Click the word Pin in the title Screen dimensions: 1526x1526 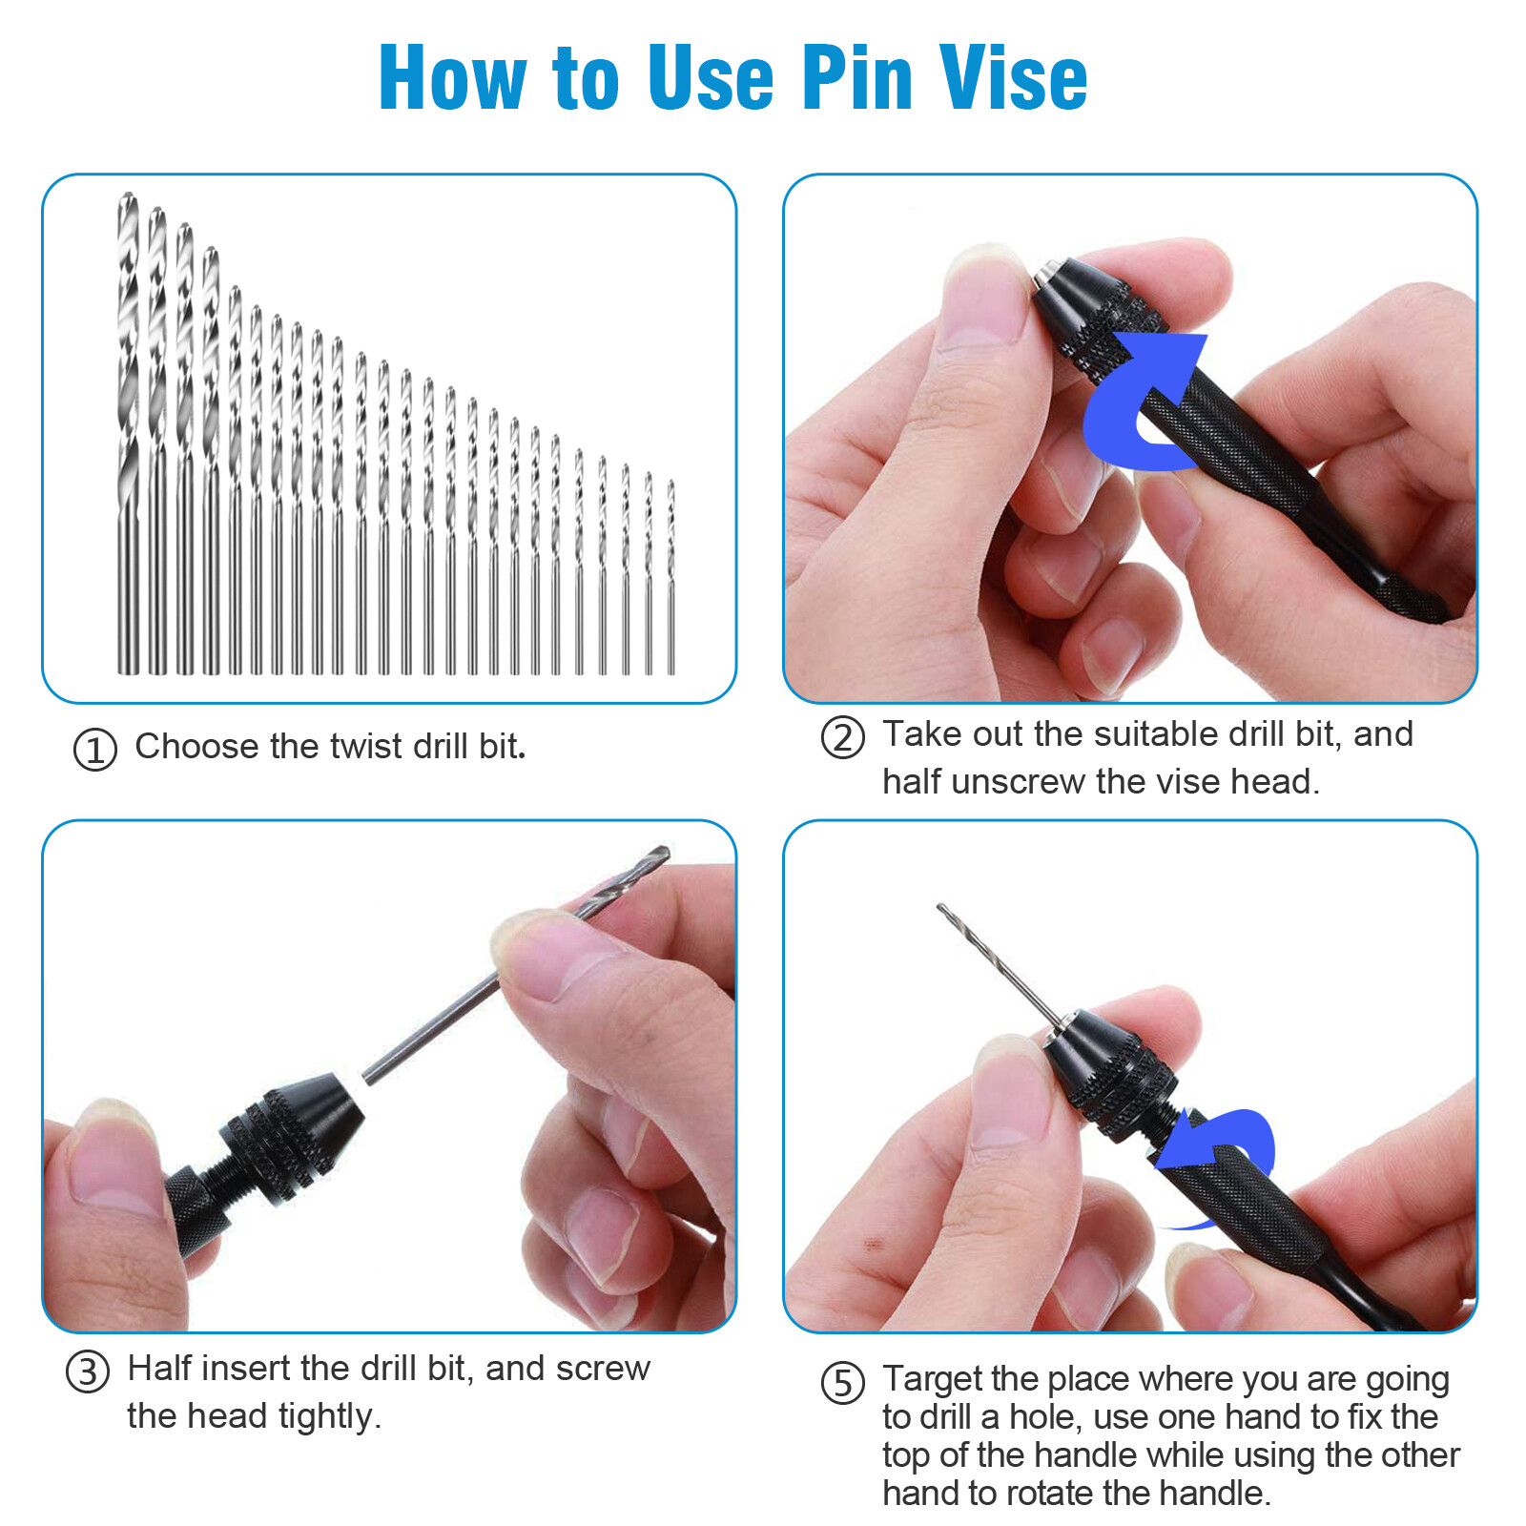856,78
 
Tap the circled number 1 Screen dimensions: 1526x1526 95,750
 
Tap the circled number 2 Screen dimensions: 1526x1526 843,737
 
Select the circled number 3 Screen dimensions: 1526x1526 88,1371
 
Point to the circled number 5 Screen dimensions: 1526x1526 843,1383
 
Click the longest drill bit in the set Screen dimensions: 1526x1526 128,429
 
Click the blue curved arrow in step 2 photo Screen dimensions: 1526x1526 1140,401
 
